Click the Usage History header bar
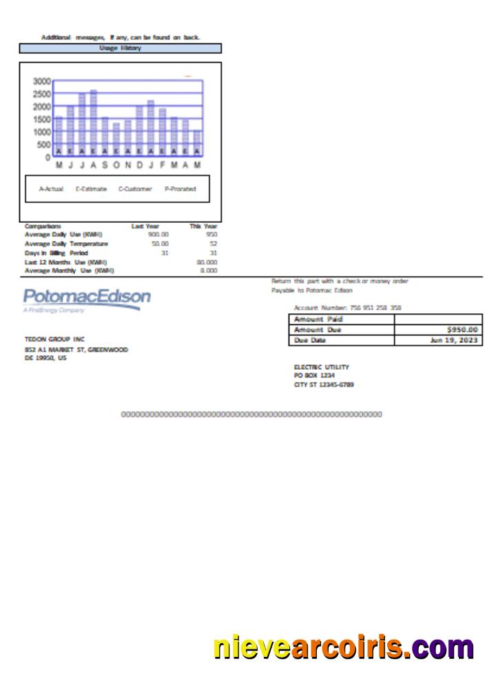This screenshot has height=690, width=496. pyautogui.click(x=121, y=48)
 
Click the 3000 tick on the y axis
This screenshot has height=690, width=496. pyautogui.click(x=41, y=81)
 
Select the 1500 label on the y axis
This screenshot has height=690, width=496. pyautogui.click(x=41, y=119)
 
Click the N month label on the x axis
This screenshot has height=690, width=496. pyautogui.click(x=128, y=166)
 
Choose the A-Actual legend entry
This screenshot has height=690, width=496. pyautogui.click(x=51, y=189)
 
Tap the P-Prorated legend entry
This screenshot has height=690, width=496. pyautogui.click(x=180, y=189)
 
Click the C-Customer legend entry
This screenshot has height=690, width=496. pyautogui.click(x=135, y=189)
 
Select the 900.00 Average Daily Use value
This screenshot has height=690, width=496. pyautogui.click(x=158, y=235)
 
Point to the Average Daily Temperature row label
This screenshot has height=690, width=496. pyautogui.click(x=66, y=244)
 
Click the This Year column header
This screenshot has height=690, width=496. pyautogui.click(x=203, y=226)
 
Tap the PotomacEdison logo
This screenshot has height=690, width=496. pyautogui.click(x=87, y=299)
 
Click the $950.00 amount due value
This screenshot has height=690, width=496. pyautogui.click(x=462, y=330)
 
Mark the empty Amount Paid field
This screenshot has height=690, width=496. pyautogui.click(x=437, y=319)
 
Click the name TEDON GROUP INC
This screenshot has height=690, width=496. pyautogui.click(x=54, y=339)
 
